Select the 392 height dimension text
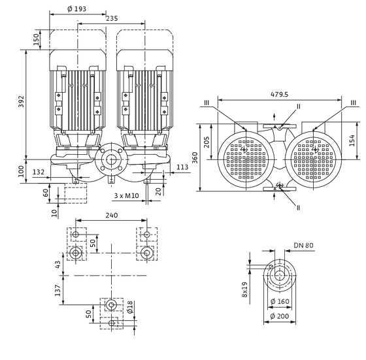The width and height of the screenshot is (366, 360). pos(21,102)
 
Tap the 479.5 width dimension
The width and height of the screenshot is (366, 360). pos(278,94)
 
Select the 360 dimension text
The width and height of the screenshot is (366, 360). pos(195,157)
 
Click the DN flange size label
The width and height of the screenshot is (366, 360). pos(303,246)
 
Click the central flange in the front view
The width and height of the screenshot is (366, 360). pos(109,161)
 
